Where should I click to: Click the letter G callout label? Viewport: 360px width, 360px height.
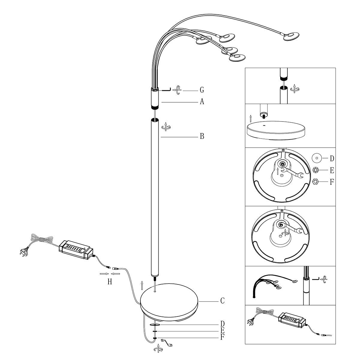(202, 90)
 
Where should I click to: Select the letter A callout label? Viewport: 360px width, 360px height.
(202, 102)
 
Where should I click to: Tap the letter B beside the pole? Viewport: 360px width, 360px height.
(202, 136)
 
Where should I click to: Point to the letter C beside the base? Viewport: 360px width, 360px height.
(222, 301)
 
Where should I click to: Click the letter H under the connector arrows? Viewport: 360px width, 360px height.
(110, 282)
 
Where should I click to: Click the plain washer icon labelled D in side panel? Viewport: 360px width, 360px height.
(317, 158)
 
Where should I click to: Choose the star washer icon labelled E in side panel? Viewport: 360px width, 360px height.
(316, 170)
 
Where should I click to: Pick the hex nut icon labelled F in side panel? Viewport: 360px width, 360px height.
(316, 181)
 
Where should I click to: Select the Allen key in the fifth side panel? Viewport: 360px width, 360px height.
(316, 279)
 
